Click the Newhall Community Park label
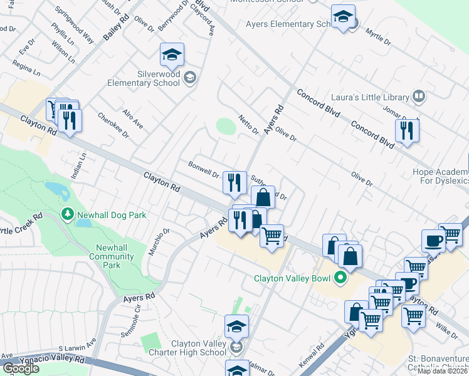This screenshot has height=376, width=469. click(112, 256)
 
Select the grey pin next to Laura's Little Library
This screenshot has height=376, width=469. click(419, 97)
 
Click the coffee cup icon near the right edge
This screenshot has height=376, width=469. click(433, 241)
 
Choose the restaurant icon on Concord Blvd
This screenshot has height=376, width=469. click(407, 131)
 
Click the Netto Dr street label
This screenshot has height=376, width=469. click(249, 125)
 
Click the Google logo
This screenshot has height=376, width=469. click(21, 368)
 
